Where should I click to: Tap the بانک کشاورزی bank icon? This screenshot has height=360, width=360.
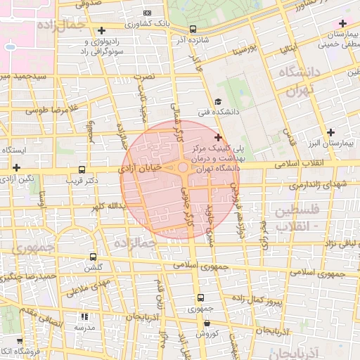coord(146,13)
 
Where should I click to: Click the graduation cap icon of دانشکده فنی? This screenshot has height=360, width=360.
coord(218,101)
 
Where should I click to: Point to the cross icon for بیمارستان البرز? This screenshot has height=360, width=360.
coord(330,132)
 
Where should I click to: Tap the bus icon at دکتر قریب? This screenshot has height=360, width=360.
coord(82,169)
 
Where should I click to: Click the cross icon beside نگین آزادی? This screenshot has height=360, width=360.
coord(16,168)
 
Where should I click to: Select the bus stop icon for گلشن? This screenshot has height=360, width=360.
coord(94,257)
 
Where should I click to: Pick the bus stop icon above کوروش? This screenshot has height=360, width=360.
coord(207,323)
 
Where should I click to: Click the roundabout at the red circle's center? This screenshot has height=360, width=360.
coord(182,168)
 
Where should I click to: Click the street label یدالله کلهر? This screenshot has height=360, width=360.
coord(108,207)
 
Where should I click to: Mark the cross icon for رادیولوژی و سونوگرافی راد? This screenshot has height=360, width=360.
coord(103,30)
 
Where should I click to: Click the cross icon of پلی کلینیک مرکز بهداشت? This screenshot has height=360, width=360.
coord(218,137)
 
